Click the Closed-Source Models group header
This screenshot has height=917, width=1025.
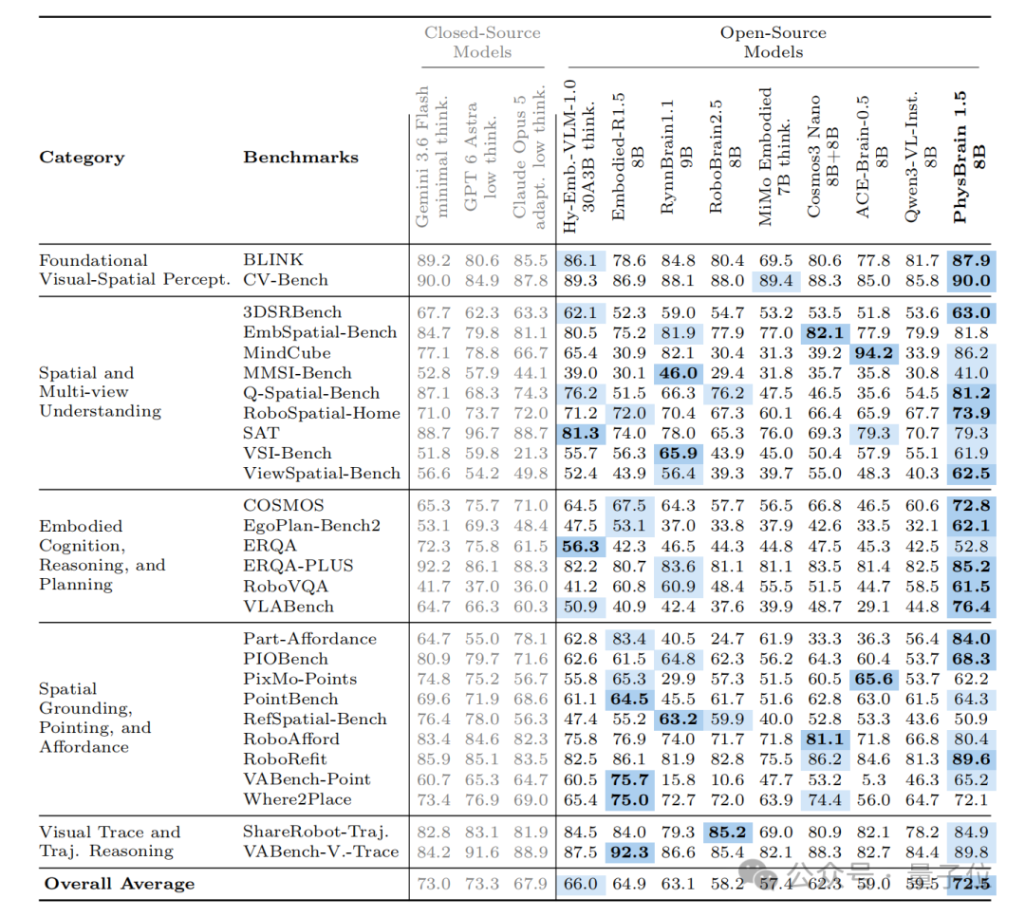coord(482,42)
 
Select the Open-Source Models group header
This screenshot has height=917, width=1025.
coord(773,42)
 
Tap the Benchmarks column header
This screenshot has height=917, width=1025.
coord(301,157)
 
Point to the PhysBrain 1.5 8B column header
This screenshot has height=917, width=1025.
coord(969,157)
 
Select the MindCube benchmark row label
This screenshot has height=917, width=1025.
coord(287,352)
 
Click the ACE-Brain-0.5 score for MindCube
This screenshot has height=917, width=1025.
coord(873,353)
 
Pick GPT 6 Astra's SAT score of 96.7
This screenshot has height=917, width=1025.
coord(482,433)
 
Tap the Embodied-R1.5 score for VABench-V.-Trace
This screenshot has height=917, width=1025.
coord(629,851)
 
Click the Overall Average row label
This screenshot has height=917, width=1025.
coord(120,884)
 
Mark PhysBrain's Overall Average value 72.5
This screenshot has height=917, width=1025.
coord(971,885)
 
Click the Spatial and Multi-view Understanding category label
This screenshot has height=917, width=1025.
coord(100,392)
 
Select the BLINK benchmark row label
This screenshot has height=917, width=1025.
coord(273,260)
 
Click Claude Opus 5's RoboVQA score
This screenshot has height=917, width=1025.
coord(531,587)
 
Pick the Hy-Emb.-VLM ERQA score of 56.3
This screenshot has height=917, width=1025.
coord(581,546)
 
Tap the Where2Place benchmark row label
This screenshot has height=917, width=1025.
coord(297,799)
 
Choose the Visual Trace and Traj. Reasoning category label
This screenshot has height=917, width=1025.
coord(110,841)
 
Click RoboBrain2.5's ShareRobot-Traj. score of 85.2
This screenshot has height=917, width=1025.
coord(727,832)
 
